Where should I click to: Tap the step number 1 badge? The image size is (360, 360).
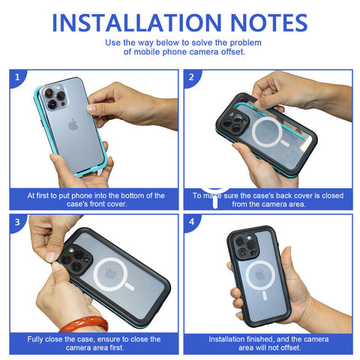pos(16,76)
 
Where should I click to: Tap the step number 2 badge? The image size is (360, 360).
pos(192,76)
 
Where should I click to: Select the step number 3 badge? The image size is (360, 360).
pos(16,222)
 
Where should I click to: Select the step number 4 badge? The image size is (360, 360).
pos(192,222)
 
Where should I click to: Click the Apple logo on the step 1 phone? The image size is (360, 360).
pos(73,124)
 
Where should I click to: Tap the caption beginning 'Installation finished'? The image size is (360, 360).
pos(268,343)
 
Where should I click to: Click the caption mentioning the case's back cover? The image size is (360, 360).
pos(268,199)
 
